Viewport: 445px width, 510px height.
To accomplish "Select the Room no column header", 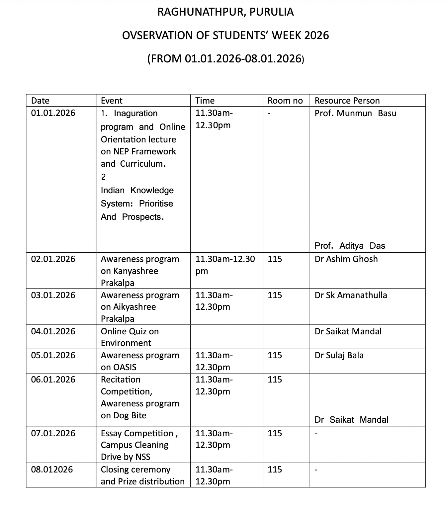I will point(285,101).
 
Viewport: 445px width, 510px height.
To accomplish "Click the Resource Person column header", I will point(347,101).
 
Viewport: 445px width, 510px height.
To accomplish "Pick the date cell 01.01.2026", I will point(53,113).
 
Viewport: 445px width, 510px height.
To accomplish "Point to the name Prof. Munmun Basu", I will point(355,113).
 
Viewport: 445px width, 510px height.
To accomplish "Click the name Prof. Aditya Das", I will point(350,246).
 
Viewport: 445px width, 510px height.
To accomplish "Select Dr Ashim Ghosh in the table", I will point(346,259).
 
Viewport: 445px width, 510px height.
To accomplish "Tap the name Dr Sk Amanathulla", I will point(351,295).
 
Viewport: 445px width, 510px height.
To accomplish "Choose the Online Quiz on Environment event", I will point(130,337).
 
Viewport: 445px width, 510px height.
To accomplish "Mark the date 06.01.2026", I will point(53,380).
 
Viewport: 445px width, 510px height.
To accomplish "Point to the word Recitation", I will point(121,380).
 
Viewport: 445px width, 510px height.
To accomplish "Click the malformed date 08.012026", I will point(52,469).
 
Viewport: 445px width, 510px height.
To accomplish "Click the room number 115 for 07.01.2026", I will point(275,433).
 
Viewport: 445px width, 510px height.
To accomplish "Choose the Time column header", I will point(205,101).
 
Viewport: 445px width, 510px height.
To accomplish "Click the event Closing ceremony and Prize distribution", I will point(142,475).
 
